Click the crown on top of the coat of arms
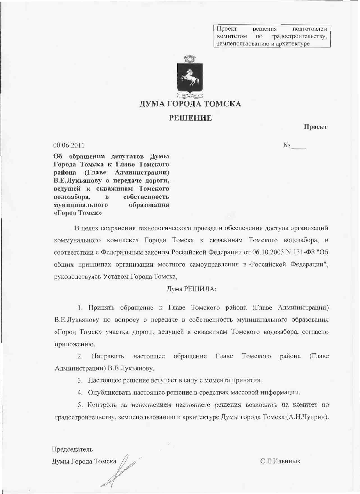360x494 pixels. click(x=190, y=59)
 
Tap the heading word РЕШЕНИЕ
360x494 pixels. click(x=190, y=118)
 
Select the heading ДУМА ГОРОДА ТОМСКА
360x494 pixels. click(x=190, y=104)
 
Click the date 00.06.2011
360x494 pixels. click(x=69, y=145)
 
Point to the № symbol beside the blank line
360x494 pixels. click(x=286, y=145)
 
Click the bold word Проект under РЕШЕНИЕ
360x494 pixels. click(x=315, y=127)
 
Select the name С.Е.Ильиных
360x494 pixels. click(x=280, y=461)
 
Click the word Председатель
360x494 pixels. click(x=72, y=449)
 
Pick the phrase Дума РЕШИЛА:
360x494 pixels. click(x=191, y=289)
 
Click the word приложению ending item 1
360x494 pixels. click(x=75, y=344)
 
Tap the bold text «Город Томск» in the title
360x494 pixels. click(x=77, y=213)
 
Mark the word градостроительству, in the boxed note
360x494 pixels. click(x=299, y=36)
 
